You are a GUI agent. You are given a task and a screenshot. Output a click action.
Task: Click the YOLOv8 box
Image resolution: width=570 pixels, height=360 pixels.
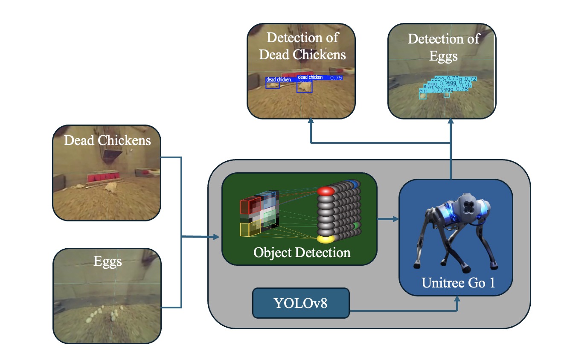[301, 303]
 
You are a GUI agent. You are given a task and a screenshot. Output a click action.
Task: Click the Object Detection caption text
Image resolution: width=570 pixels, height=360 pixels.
[302, 252]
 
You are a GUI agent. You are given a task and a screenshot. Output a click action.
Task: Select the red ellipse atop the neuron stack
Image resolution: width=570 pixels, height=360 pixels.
[326, 192]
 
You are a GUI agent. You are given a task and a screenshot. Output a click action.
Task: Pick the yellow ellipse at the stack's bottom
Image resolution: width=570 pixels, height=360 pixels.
[326, 238]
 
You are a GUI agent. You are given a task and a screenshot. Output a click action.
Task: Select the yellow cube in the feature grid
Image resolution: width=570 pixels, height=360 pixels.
[249, 229]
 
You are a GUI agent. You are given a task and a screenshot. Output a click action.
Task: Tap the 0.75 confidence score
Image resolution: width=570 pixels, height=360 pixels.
[336, 78]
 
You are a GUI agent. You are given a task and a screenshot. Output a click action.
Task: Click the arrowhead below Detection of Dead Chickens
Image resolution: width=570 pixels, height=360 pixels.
[311, 122]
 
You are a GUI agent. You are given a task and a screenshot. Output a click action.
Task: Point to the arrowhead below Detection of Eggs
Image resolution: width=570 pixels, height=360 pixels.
[451, 122]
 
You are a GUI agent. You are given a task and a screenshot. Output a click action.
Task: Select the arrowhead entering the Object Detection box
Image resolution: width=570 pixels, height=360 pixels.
[218, 237]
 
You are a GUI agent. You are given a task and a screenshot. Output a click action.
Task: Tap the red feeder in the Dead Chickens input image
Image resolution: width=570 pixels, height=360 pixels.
[102, 177]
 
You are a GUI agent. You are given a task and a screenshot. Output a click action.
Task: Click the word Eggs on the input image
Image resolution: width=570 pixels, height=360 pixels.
[108, 261]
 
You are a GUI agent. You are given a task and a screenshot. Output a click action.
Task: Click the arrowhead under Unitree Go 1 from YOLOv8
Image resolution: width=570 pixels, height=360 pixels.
[457, 299]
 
